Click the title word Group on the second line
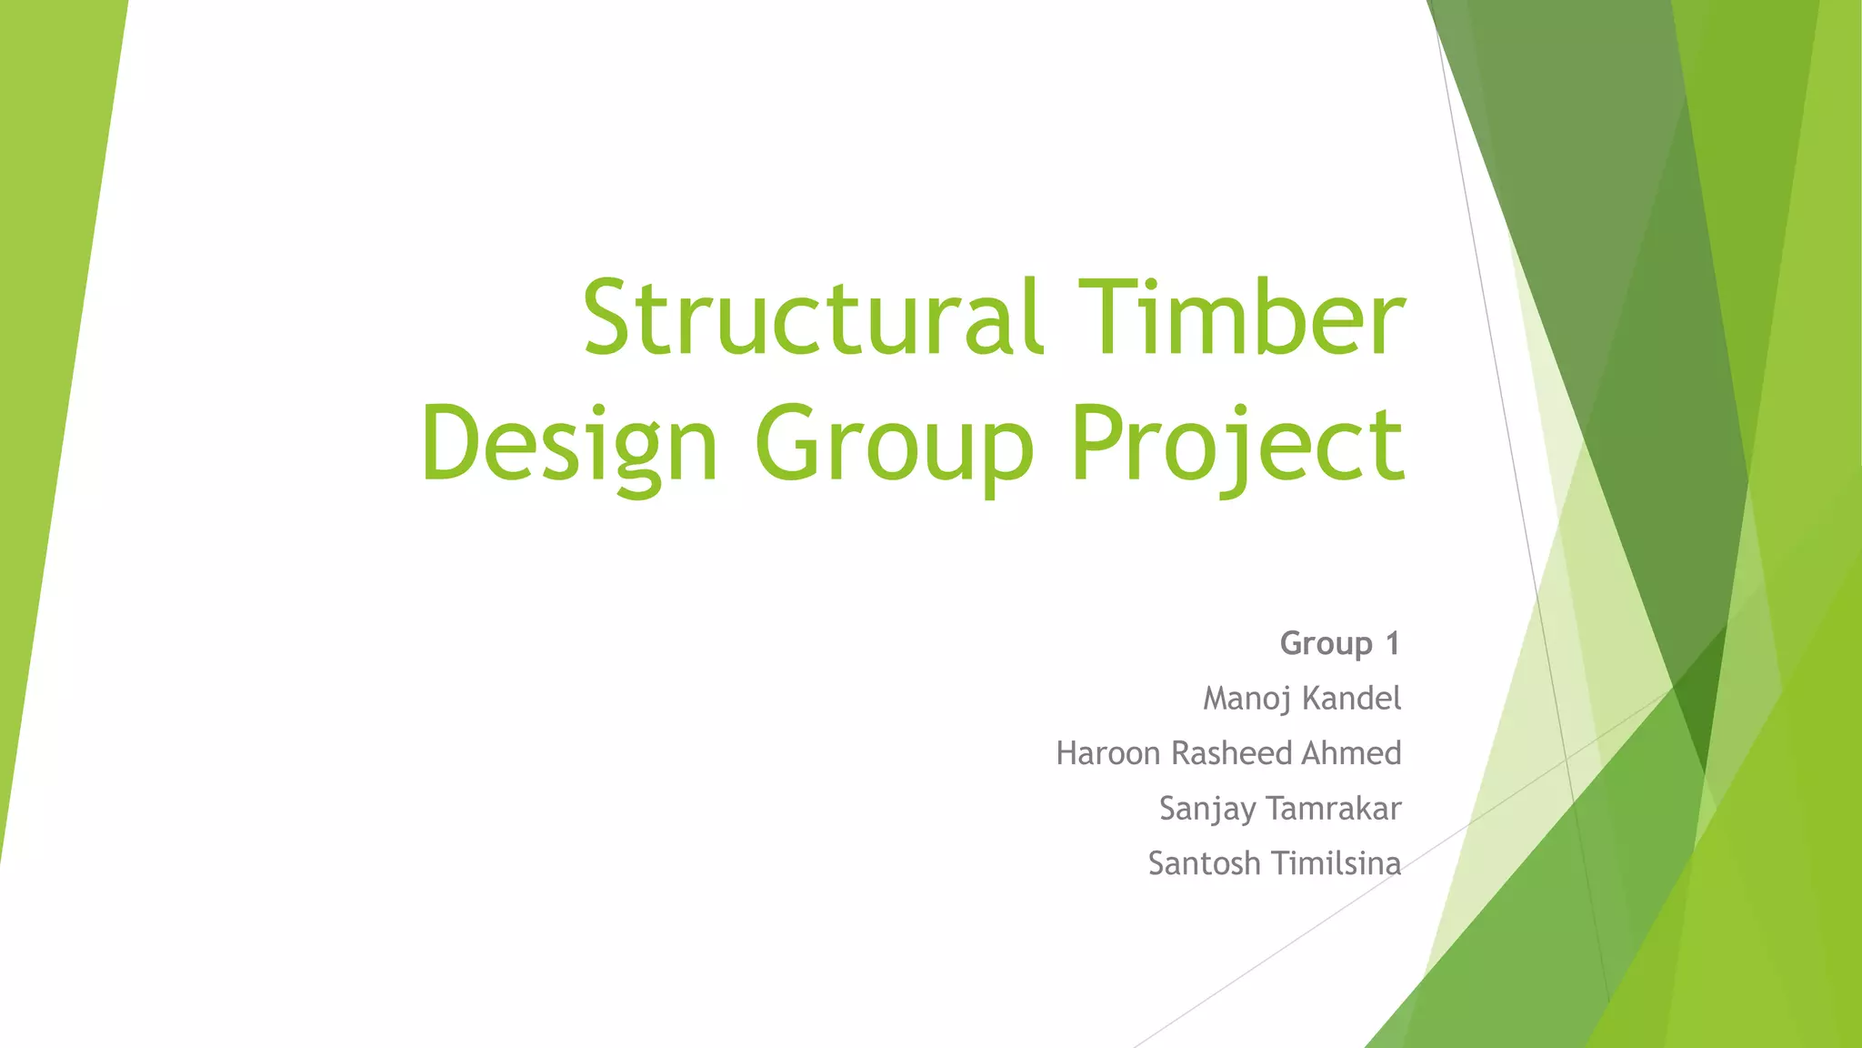(x=894, y=446)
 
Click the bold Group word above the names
(x=1326, y=644)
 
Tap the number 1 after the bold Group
(x=1392, y=644)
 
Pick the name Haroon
(x=1109, y=753)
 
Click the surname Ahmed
(x=1351, y=753)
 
